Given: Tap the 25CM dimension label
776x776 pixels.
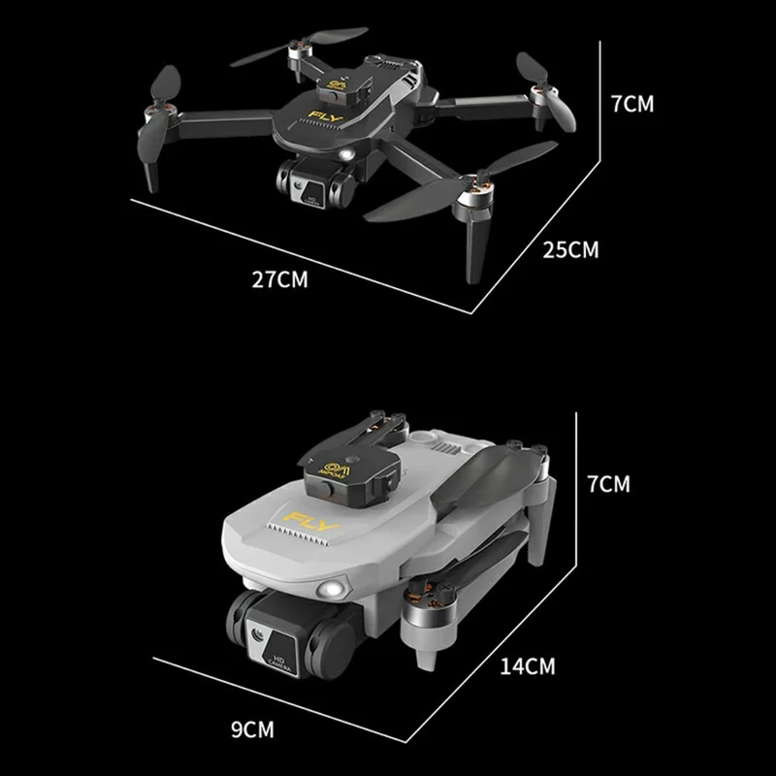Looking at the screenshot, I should click(x=570, y=250).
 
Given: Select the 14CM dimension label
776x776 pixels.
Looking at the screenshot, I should click(x=528, y=665).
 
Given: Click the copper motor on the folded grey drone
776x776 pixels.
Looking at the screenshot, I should click(x=427, y=601).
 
